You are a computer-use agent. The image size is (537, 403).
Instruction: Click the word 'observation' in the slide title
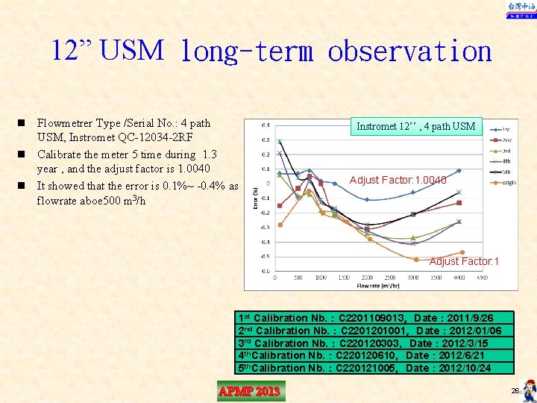(x=409, y=51)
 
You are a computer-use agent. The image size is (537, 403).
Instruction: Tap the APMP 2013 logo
(x=251, y=391)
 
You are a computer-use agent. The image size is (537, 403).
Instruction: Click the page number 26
(x=515, y=391)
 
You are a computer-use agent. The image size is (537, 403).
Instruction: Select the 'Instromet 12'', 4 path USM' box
(x=415, y=126)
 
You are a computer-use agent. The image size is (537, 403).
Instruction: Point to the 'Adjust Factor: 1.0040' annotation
(x=398, y=180)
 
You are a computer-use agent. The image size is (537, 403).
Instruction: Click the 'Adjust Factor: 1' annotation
(x=464, y=261)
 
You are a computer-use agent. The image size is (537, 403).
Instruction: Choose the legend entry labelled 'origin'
(x=509, y=182)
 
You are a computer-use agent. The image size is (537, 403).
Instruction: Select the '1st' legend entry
(x=506, y=129)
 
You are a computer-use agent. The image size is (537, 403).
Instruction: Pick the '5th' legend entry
(x=506, y=172)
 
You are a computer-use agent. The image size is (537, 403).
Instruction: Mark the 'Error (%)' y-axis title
(x=257, y=197)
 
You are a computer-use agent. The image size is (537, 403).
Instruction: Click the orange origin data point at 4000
(x=462, y=252)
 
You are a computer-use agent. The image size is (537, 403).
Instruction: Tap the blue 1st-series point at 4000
(x=459, y=171)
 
